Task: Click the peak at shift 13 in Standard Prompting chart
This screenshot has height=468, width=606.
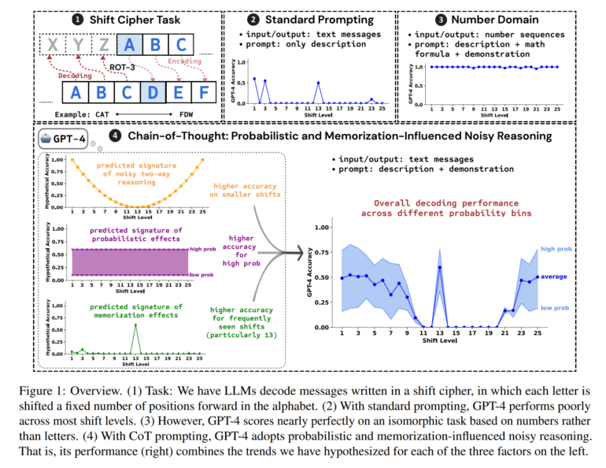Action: (x=318, y=84)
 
